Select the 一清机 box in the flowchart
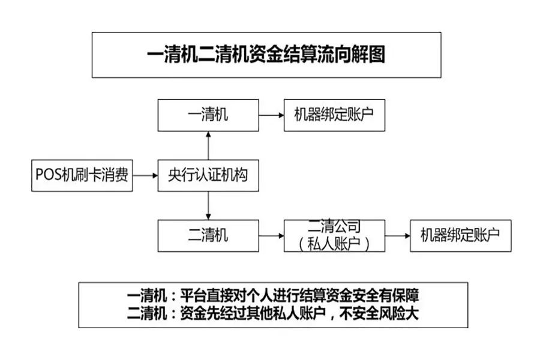208,115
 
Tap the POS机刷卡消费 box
82,175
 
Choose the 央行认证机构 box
208,175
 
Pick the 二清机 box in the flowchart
208,235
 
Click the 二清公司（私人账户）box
334,235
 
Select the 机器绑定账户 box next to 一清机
334,115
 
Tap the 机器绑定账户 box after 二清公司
460,235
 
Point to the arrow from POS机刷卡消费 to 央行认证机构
145,175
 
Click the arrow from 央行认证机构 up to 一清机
208,145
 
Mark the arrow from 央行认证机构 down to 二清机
208,205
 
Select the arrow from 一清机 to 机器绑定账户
271,115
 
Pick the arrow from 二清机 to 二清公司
271,235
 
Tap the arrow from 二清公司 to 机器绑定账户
397,235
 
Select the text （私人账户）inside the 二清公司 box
334,243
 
